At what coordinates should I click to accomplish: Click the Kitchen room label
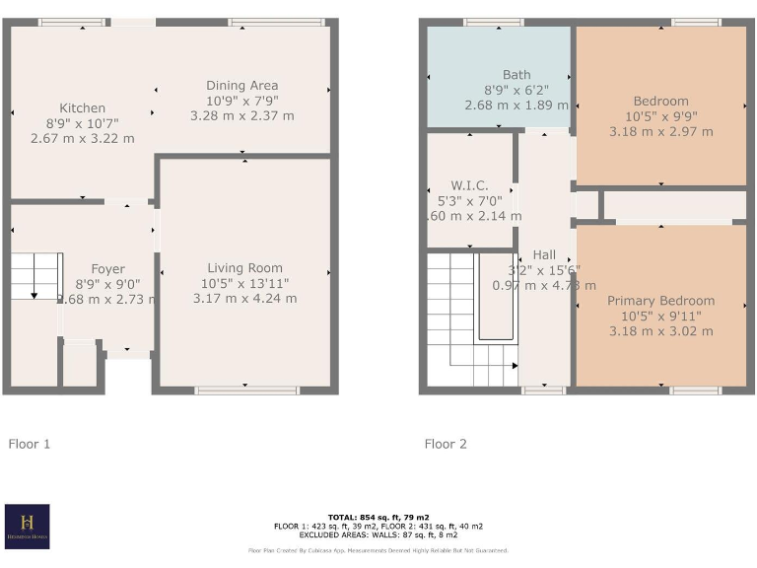[82, 108]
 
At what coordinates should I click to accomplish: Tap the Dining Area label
[241, 86]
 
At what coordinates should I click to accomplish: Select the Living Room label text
[244, 268]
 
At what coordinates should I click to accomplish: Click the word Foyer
[107, 269]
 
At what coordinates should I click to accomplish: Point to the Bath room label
[516, 75]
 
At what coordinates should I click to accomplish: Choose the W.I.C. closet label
[469, 185]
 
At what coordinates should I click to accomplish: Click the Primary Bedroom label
[660, 301]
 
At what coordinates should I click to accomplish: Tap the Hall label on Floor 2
[544, 254]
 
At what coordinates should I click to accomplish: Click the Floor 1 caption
[30, 445]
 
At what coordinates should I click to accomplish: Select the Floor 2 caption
[446, 445]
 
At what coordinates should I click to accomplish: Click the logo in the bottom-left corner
[27, 527]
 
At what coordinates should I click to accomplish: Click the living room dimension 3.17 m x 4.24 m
[244, 299]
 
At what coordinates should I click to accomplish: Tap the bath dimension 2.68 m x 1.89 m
[516, 105]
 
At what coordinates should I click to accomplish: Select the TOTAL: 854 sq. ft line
[378, 518]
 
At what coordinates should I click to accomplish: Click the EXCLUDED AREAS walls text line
[378, 534]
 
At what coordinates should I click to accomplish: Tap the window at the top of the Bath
[494, 22]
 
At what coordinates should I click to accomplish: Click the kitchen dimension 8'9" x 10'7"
[82, 123]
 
